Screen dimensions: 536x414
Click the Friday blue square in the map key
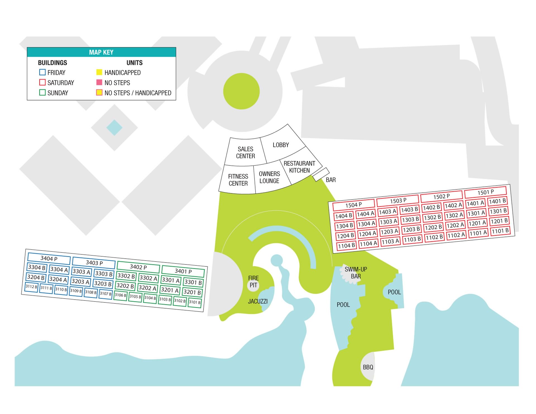click(x=42, y=72)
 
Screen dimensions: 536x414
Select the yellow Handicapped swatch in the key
click(x=99, y=72)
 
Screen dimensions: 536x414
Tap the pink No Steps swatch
click(x=99, y=82)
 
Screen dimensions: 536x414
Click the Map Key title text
click(x=101, y=52)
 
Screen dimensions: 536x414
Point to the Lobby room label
click(x=281, y=145)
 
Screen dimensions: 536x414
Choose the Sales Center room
click(x=245, y=152)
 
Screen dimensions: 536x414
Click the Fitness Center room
click(x=238, y=179)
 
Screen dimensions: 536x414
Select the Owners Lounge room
click(x=270, y=177)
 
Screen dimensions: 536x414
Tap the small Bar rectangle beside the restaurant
click(x=321, y=174)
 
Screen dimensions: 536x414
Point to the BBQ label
click(x=368, y=367)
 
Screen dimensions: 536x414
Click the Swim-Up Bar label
click(x=356, y=273)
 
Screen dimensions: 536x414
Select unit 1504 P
click(x=354, y=205)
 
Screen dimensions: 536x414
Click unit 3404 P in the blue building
click(x=49, y=259)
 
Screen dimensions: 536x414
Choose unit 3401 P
click(x=183, y=271)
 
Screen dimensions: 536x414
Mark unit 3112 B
click(x=31, y=287)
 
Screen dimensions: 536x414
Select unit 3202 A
click(x=147, y=288)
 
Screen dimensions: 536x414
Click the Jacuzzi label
click(x=258, y=301)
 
